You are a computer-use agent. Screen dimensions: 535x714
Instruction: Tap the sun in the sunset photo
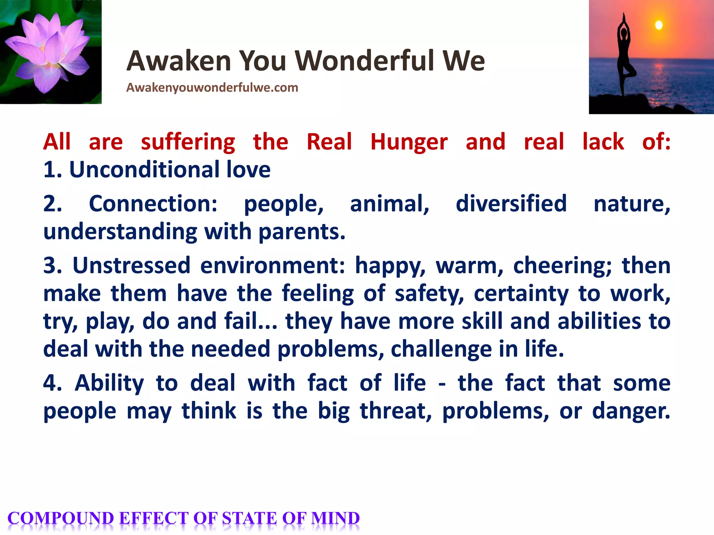point(659,25)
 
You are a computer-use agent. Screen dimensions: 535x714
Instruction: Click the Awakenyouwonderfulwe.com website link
point(212,88)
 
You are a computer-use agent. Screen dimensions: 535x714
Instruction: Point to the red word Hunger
point(409,142)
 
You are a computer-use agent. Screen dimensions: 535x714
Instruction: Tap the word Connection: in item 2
point(153,204)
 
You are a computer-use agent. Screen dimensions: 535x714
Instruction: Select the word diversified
point(511,204)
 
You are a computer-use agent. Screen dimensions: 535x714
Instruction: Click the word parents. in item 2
point(302,232)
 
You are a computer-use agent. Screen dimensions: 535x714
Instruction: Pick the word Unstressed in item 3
point(131,266)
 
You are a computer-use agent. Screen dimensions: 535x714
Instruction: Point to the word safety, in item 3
point(429,294)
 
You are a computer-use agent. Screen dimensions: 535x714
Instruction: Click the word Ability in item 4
point(109,383)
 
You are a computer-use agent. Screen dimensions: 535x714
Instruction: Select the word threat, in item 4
point(396,411)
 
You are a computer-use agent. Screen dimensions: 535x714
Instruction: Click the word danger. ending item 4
point(631,411)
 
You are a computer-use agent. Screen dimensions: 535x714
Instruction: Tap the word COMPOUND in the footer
point(61,518)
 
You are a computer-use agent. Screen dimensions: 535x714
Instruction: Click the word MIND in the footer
point(335,518)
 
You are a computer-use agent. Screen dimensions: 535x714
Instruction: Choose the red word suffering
point(188,142)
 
